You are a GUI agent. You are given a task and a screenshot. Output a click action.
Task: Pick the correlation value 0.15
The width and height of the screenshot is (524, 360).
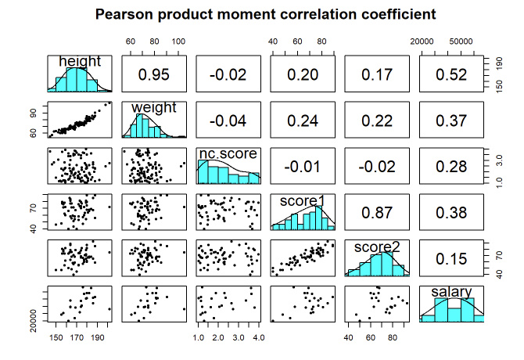click(x=451, y=257)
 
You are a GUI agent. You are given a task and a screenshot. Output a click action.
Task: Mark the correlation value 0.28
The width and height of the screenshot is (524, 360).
click(x=451, y=166)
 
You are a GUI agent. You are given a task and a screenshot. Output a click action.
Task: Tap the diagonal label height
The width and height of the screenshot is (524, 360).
click(x=80, y=62)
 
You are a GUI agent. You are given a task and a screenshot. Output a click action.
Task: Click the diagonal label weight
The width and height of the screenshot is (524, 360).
click(x=154, y=107)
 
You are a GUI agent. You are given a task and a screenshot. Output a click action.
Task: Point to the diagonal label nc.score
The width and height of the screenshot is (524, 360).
click(x=227, y=153)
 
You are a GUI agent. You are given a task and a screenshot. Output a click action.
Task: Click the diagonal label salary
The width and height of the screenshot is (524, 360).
click(x=451, y=293)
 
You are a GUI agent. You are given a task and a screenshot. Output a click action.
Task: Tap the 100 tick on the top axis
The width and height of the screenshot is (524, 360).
click(x=178, y=41)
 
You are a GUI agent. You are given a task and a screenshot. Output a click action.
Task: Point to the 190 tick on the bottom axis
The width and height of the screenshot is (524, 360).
click(x=96, y=337)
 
